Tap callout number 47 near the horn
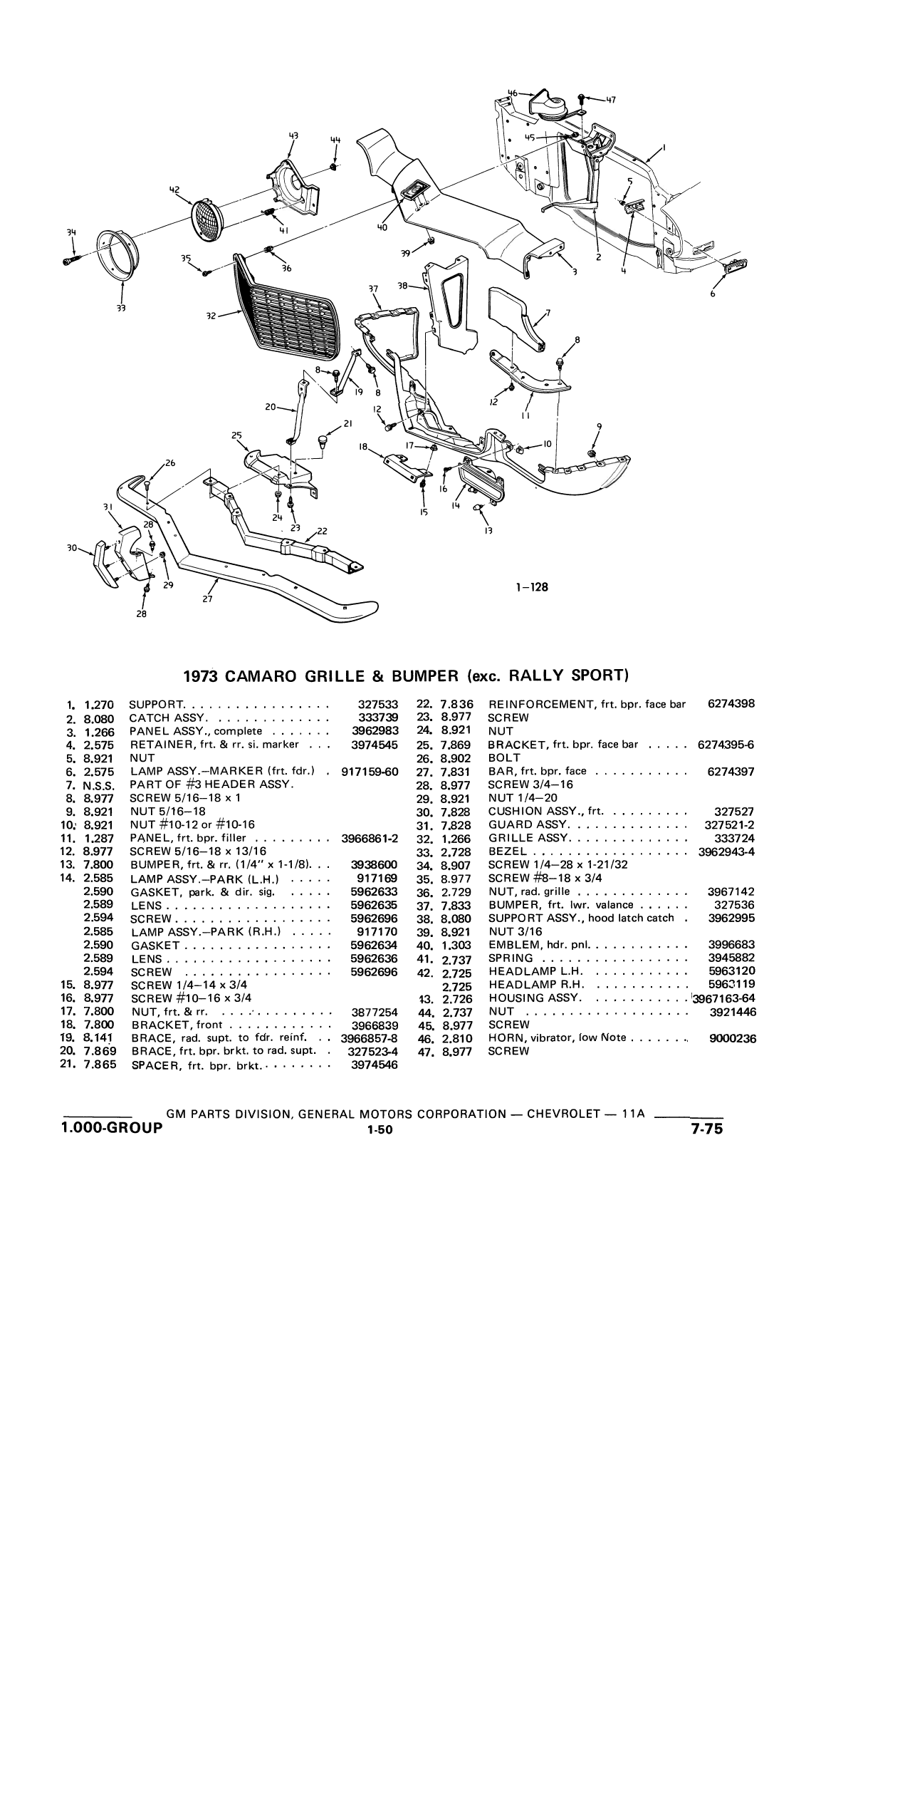(610, 100)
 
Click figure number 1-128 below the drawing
(533, 587)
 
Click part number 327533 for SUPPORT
(377, 704)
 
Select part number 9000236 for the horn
(733, 1038)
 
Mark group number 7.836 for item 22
(456, 704)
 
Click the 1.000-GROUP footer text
(112, 1128)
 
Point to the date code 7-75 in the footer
(706, 1128)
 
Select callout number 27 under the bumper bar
(207, 599)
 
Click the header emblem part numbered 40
(414, 191)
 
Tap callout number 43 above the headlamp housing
(293, 135)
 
